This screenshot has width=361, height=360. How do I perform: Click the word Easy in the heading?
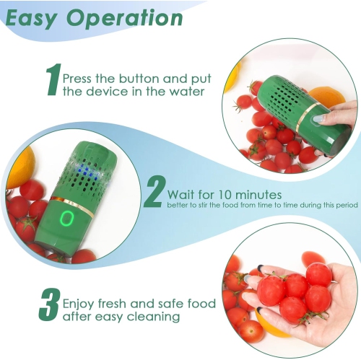pyautogui.click(x=32, y=17)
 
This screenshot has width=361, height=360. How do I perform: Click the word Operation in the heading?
pyautogui.click(x=122, y=19)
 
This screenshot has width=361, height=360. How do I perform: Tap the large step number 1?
pyautogui.click(x=52, y=80)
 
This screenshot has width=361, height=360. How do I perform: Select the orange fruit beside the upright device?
pyautogui.click(x=19, y=165)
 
